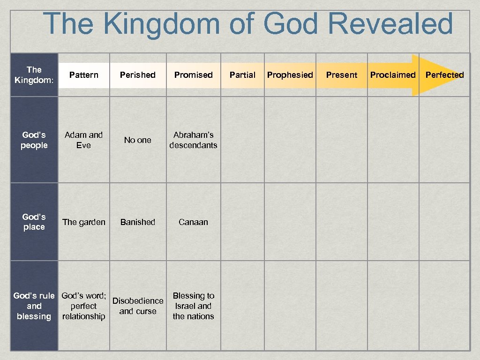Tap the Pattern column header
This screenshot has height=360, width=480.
84,75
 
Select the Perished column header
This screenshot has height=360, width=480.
138,75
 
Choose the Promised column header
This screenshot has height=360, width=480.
193,75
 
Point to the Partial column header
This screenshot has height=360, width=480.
242,75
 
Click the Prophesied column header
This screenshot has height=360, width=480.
290,75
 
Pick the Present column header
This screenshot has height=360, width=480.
342,75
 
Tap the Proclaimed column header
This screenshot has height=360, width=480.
393,75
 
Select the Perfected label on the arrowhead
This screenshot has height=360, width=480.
444,75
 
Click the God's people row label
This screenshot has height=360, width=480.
34,140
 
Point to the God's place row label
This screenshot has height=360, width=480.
34,222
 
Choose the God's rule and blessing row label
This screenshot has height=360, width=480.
34,306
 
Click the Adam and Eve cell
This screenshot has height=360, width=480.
83,140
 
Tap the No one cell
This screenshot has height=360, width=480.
138,140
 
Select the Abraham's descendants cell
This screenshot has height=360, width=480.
193,140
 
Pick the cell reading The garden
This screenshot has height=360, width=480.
84,222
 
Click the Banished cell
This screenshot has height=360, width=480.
138,222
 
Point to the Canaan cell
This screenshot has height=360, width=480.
193,222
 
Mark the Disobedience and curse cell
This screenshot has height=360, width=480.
138,306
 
